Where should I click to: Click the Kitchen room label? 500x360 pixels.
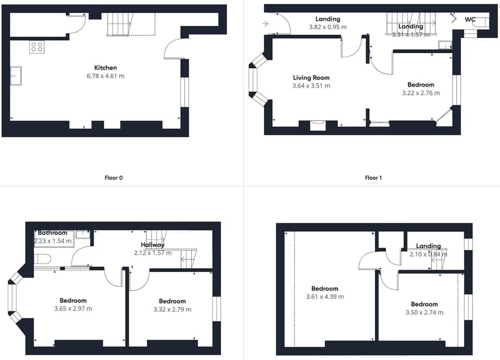[x=105, y=68]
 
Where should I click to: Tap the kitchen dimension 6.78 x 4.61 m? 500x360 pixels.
[x=105, y=76]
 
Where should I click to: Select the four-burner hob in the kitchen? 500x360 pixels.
[x=36, y=47]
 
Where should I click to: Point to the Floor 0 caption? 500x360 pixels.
[x=114, y=178]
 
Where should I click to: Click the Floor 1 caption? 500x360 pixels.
[x=373, y=178]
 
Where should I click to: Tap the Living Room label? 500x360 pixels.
[x=311, y=78]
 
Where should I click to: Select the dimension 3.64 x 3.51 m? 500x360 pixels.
[x=311, y=86]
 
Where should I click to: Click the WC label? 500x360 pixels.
[x=470, y=19]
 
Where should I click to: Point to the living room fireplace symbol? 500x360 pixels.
[x=317, y=125]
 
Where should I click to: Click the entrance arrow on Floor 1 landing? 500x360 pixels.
[x=266, y=23]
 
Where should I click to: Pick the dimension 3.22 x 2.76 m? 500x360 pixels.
[x=421, y=93]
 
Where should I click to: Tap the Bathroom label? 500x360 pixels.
[x=53, y=233]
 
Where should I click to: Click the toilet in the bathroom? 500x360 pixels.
[x=42, y=259]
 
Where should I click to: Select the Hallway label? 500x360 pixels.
[x=152, y=245]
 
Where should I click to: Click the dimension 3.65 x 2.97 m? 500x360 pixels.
[x=73, y=308]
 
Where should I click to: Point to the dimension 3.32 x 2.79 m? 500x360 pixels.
[x=172, y=309]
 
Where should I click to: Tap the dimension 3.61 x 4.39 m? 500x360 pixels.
[x=324, y=297]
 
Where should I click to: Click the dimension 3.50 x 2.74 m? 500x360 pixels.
[x=424, y=313]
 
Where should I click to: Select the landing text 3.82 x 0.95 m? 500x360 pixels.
[x=328, y=27]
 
